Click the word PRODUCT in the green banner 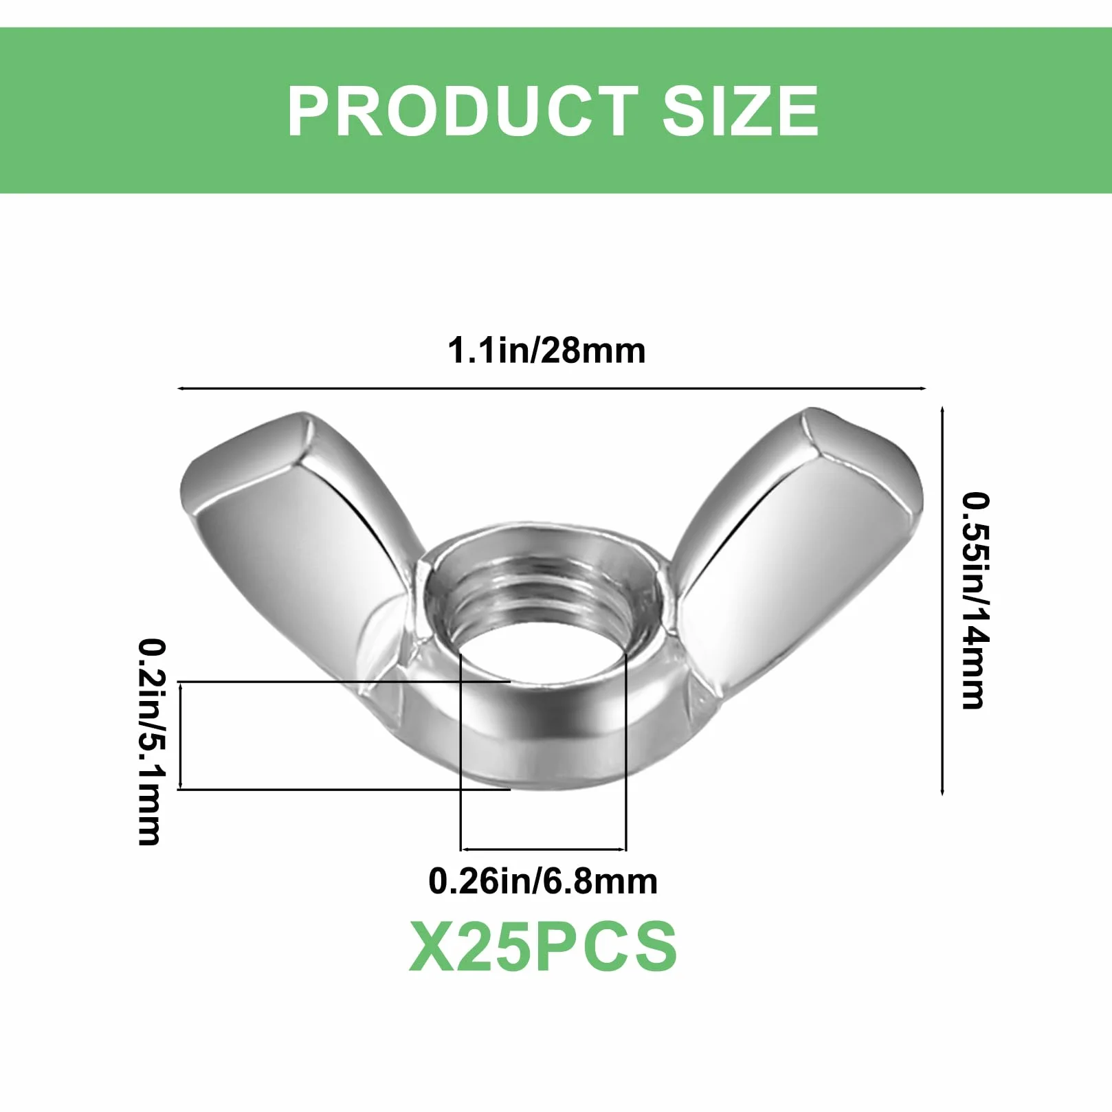(x=463, y=111)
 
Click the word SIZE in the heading (x=740, y=111)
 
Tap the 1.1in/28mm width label (x=546, y=351)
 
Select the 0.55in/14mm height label (x=975, y=599)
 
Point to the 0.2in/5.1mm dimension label (x=152, y=742)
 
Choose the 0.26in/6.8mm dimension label (x=543, y=881)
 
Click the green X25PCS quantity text (x=543, y=947)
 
